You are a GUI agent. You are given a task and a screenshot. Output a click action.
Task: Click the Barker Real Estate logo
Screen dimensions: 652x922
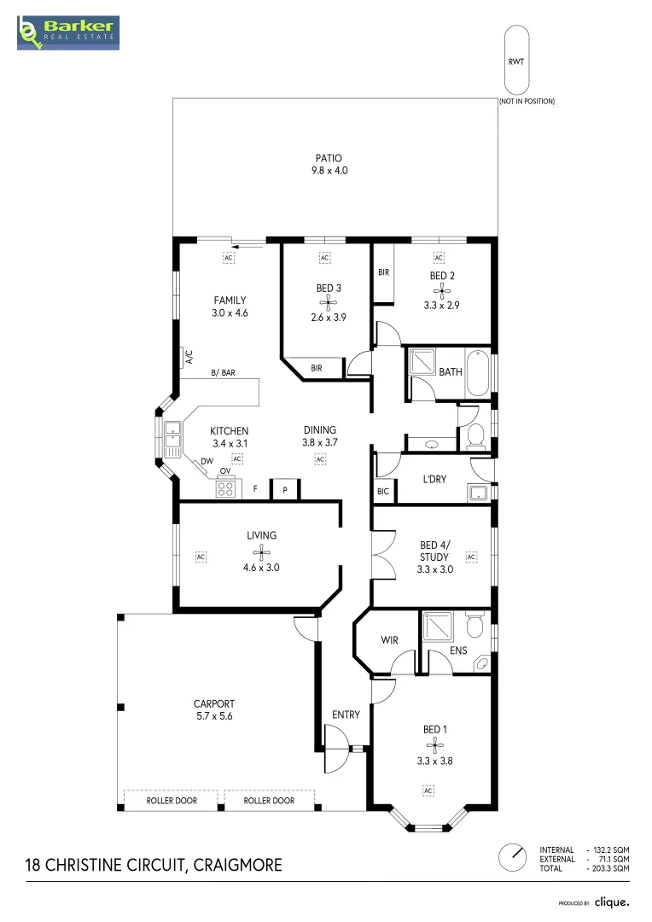click(68, 33)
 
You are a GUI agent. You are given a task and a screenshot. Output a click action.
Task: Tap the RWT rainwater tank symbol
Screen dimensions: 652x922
click(516, 60)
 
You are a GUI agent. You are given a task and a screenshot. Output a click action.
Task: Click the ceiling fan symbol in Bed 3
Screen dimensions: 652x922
click(328, 303)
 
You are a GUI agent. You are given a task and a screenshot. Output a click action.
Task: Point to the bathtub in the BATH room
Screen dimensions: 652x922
click(477, 373)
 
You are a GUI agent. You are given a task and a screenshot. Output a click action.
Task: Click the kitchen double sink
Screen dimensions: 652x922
click(173, 440)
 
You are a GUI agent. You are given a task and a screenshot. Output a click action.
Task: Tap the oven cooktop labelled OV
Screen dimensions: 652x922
click(225, 487)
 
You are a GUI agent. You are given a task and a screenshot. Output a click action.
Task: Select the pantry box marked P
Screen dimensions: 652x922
click(285, 489)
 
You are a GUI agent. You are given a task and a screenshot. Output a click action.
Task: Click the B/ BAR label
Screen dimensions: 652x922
click(224, 373)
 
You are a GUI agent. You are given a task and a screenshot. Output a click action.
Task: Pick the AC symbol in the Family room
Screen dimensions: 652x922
click(229, 258)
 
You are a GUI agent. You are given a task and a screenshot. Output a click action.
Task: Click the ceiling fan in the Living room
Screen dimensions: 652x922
click(261, 552)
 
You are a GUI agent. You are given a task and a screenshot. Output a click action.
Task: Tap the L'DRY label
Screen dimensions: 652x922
click(434, 479)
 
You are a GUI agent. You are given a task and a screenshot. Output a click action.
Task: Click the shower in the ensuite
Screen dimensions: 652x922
click(438, 627)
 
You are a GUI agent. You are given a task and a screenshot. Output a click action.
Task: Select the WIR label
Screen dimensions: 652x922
click(389, 639)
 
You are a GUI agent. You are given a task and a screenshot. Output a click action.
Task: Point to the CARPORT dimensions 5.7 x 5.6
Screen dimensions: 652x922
click(214, 716)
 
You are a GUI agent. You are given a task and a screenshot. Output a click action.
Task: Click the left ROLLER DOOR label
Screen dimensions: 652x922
click(172, 800)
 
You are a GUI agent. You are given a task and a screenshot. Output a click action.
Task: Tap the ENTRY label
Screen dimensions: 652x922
click(346, 715)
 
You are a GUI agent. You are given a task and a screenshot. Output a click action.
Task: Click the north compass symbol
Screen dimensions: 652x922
click(513, 857)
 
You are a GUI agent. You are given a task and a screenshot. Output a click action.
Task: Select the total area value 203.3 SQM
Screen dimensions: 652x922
click(610, 868)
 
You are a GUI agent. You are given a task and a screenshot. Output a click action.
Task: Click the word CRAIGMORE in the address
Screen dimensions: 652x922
click(237, 865)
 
